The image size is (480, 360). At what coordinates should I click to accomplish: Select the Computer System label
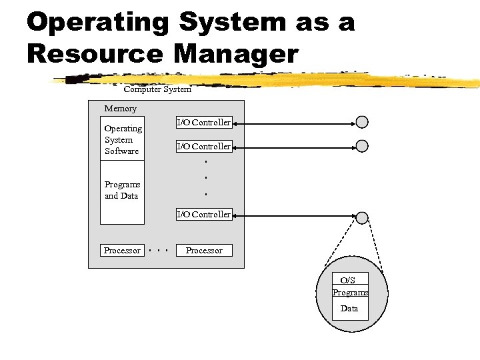157,89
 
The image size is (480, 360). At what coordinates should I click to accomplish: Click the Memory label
120,109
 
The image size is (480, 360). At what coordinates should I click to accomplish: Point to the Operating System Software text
123,140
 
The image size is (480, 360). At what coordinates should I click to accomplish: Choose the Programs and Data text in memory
122,190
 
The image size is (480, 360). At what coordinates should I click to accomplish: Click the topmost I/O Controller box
203,123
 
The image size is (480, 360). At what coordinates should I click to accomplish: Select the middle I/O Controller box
203,146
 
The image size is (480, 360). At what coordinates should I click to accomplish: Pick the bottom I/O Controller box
203,215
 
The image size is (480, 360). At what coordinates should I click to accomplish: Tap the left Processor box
122,251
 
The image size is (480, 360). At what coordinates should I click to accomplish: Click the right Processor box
204,251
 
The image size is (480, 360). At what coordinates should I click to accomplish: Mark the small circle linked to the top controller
362,122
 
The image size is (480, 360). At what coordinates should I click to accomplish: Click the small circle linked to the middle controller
362,146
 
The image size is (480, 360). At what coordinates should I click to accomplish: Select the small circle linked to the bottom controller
362,217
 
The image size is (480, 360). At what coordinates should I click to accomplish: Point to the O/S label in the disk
348,281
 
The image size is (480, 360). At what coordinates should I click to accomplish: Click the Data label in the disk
349,309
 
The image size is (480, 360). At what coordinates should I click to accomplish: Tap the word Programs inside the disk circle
350,293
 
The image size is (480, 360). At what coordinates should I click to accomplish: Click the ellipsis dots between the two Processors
158,251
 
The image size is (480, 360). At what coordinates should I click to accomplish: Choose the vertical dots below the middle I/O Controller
206,177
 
